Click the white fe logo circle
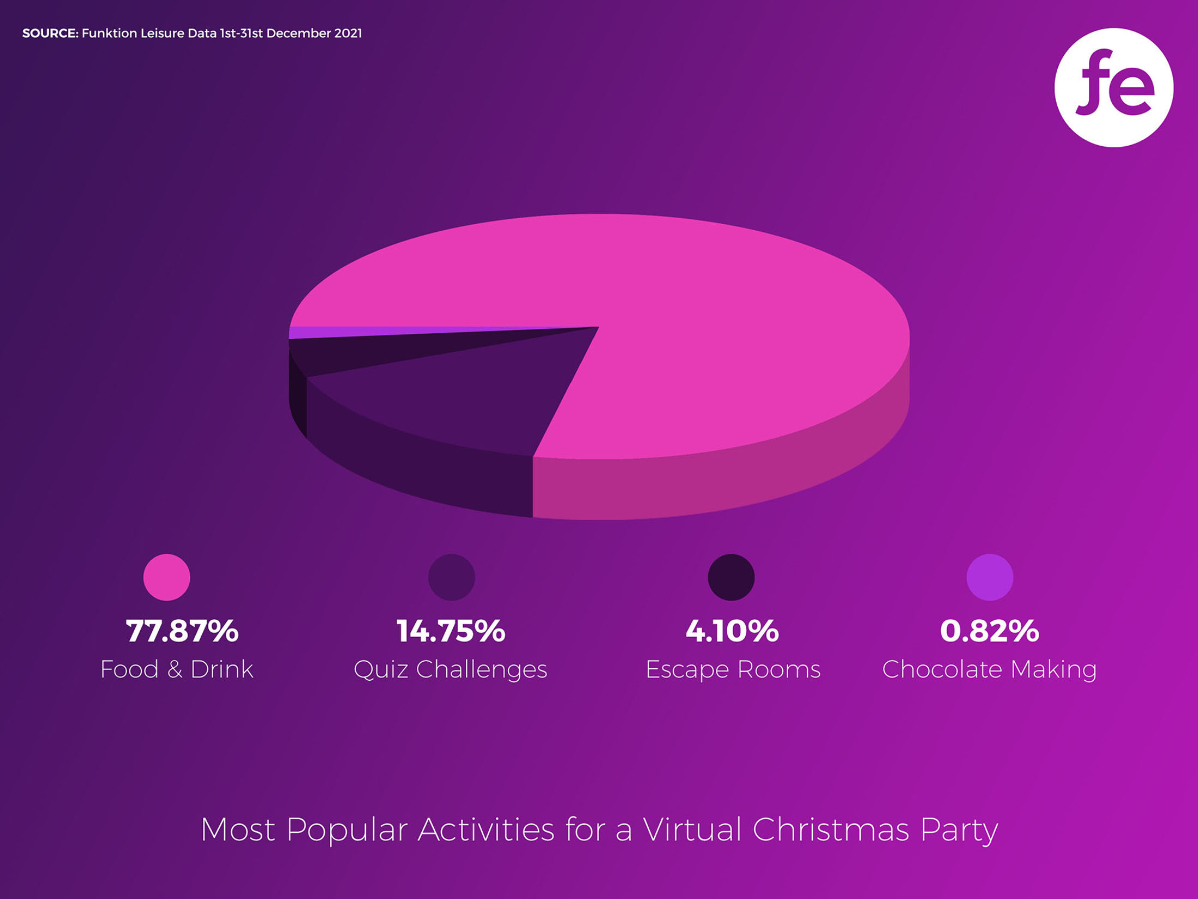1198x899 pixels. point(1113,87)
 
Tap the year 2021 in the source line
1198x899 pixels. point(348,33)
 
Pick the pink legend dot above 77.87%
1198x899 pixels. point(167,577)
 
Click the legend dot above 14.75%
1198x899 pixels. point(451,577)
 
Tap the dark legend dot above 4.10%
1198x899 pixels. point(731,577)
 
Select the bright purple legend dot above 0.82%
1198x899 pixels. point(990,577)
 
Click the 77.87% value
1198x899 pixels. point(182,631)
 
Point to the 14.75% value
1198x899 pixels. point(451,631)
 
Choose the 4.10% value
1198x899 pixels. point(732,631)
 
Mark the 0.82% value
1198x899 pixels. point(990,631)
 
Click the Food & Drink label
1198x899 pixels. point(177,669)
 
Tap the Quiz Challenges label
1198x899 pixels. point(451,669)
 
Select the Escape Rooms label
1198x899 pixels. point(733,669)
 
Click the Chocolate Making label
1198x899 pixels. point(990,669)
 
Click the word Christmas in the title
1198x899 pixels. point(831,830)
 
